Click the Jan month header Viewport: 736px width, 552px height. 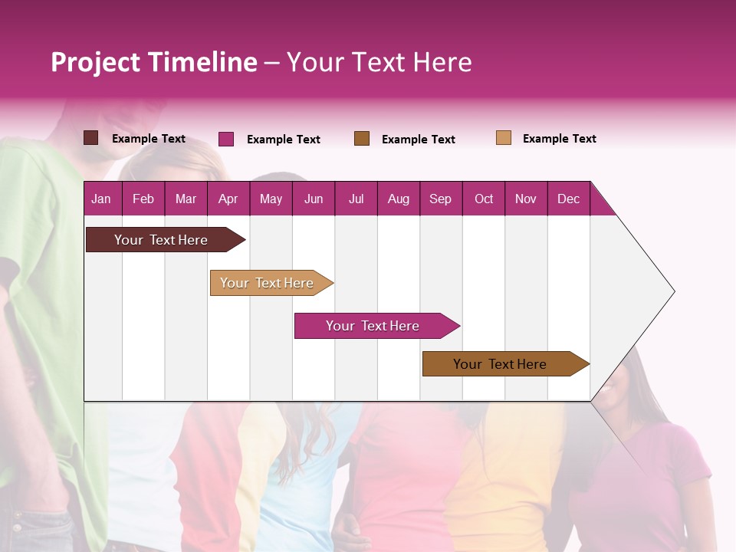(102, 199)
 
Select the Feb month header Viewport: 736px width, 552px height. (143, 199)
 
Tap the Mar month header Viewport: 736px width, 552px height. (186, 199)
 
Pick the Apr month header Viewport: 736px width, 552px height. (228, 199)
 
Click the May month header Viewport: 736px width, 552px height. (271, 199)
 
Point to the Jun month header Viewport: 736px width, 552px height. (314, 199)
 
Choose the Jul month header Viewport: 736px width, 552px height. (356, 199)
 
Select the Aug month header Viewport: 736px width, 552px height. (399, 199)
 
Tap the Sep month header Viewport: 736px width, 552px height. (441, 199)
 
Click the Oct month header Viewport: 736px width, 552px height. (484, 199)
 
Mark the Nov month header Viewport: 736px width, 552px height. (526, 199)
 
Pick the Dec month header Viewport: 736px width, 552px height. (569, 199)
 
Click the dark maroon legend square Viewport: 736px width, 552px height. (91, 138)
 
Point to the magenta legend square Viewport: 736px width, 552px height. (226, 139)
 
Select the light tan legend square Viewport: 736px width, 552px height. (504, 138)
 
